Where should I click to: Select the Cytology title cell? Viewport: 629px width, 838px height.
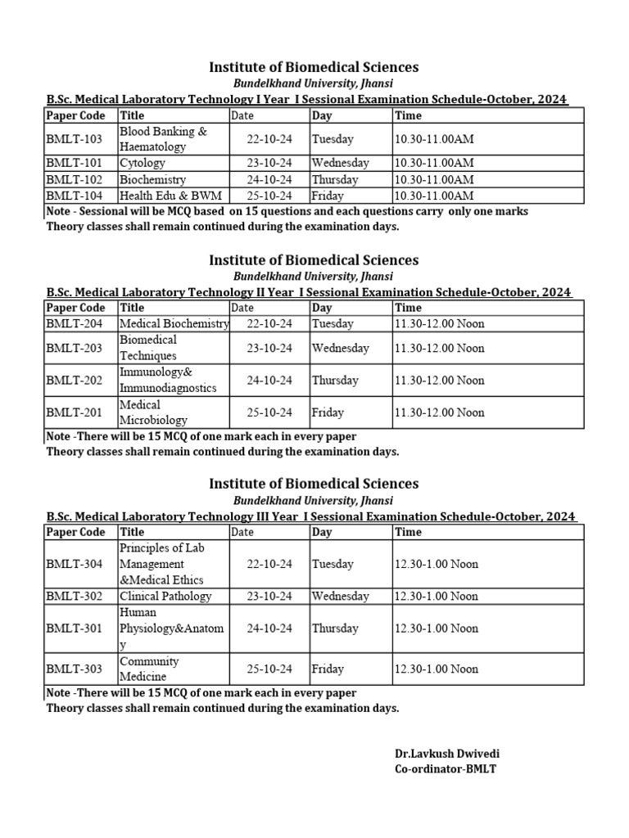click(x=143, y=163)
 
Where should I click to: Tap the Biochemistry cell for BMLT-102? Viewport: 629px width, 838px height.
click(x=152, y=179)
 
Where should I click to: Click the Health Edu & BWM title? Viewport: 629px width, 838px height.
click(x=170, y=196)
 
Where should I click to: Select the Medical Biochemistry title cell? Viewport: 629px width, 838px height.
click(x=174, y=323)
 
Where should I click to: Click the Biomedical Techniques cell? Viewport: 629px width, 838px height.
click(x=148, y=348)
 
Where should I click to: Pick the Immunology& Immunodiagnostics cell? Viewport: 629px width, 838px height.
click(x=168, y=380)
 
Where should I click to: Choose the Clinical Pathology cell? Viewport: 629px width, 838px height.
click(x=165, y=596)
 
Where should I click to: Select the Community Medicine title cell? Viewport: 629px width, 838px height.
click(x=149, y=669)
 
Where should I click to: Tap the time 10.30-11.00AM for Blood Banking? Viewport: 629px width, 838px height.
click(x=434, y=139)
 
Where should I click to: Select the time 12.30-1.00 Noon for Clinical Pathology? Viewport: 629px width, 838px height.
click(x=437, y=596)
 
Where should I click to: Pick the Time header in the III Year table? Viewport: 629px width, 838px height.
click(x=408, y=532)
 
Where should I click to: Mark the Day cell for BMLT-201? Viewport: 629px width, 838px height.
click(x=328, y=412)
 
